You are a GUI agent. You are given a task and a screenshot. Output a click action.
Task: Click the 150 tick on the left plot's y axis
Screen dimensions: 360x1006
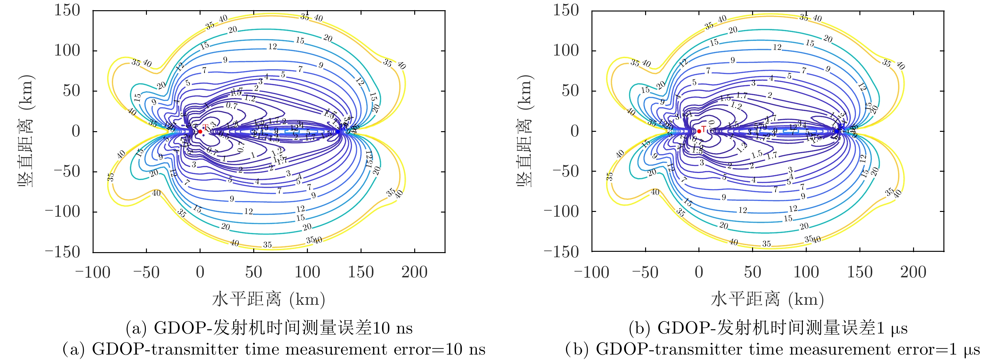tap(67, 11)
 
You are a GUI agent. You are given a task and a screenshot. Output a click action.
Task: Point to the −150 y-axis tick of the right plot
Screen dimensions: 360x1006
tap(561, 252)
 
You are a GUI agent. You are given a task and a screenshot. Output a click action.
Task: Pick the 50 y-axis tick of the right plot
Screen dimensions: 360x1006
tap(570, 91)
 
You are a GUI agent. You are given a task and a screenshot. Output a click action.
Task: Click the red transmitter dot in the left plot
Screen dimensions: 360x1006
tap(200, 131)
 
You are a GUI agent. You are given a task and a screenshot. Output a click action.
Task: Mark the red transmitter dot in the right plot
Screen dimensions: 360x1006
tap(699, 131)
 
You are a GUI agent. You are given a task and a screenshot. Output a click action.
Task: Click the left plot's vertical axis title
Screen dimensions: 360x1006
tap(27, 131)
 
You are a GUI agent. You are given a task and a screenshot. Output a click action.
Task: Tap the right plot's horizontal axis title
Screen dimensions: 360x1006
tap(767, 299)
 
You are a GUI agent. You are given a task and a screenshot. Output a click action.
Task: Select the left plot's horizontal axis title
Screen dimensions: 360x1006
tap(269, 299)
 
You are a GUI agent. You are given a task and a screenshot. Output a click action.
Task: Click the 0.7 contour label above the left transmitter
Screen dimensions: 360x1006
tap(232, 105)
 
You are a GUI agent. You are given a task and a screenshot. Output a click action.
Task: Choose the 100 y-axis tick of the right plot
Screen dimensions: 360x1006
tap(566, 50)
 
